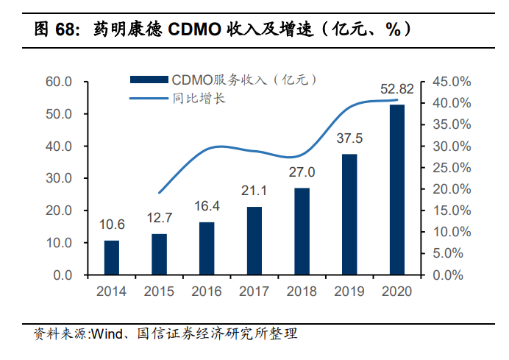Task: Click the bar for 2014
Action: click(x=111, y=257)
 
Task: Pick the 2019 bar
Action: click(x=349, y=214)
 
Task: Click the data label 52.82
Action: click(x=397, y=90)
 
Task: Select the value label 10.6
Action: click(x=111, y=225)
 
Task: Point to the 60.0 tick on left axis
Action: click(x=58, y=82)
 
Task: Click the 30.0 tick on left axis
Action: click(x=58, y=178)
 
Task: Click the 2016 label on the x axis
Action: click(x=207, y=292)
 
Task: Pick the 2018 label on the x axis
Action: click(x=302, y=292)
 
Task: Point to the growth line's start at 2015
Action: click(x=159, y=193)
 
